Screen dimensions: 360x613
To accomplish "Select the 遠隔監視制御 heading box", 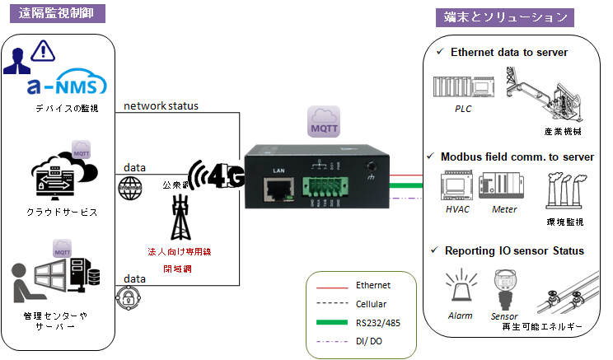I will pyautogui.click(x=55, y=14).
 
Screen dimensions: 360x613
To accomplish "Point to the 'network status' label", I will pyautogui.click(x=161, y=106).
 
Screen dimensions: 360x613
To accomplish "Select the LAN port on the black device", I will pyautogui.click(x=276, y=191).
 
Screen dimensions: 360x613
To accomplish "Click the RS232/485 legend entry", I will pyautogui.click(x=374, y=321).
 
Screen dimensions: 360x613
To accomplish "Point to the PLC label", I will pyautogui.click(x=463, y=108).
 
